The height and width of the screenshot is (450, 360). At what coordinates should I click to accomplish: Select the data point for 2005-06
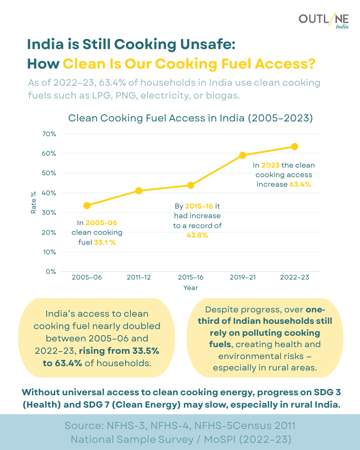coord(87,205)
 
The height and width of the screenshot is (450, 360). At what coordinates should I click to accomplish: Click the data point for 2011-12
coord(139,190)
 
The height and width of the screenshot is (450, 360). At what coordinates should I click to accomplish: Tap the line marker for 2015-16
coord(190,185)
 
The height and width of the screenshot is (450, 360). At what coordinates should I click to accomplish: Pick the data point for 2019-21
coord(242,155)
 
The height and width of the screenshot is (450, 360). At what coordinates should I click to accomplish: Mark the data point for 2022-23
coord(294,146)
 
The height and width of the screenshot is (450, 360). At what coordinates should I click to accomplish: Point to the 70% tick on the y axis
coord(50,134)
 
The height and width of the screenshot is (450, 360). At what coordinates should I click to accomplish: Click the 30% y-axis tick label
coord(50,212)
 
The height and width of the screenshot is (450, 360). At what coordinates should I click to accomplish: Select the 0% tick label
coord(51,271)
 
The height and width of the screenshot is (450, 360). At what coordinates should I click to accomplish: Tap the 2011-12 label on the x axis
coord(139,278)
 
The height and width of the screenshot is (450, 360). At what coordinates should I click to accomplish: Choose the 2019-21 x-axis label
coord(242,278)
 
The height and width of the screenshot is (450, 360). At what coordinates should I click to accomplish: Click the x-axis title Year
coord(190,288)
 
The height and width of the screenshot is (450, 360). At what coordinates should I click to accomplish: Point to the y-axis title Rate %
coord(33,202)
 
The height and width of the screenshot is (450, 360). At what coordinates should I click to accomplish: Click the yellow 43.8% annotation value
coord(197,235)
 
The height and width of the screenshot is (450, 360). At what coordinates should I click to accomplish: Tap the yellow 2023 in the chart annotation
coord(270,165)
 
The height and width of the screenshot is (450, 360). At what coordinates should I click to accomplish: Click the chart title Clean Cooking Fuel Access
coord(190,118)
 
